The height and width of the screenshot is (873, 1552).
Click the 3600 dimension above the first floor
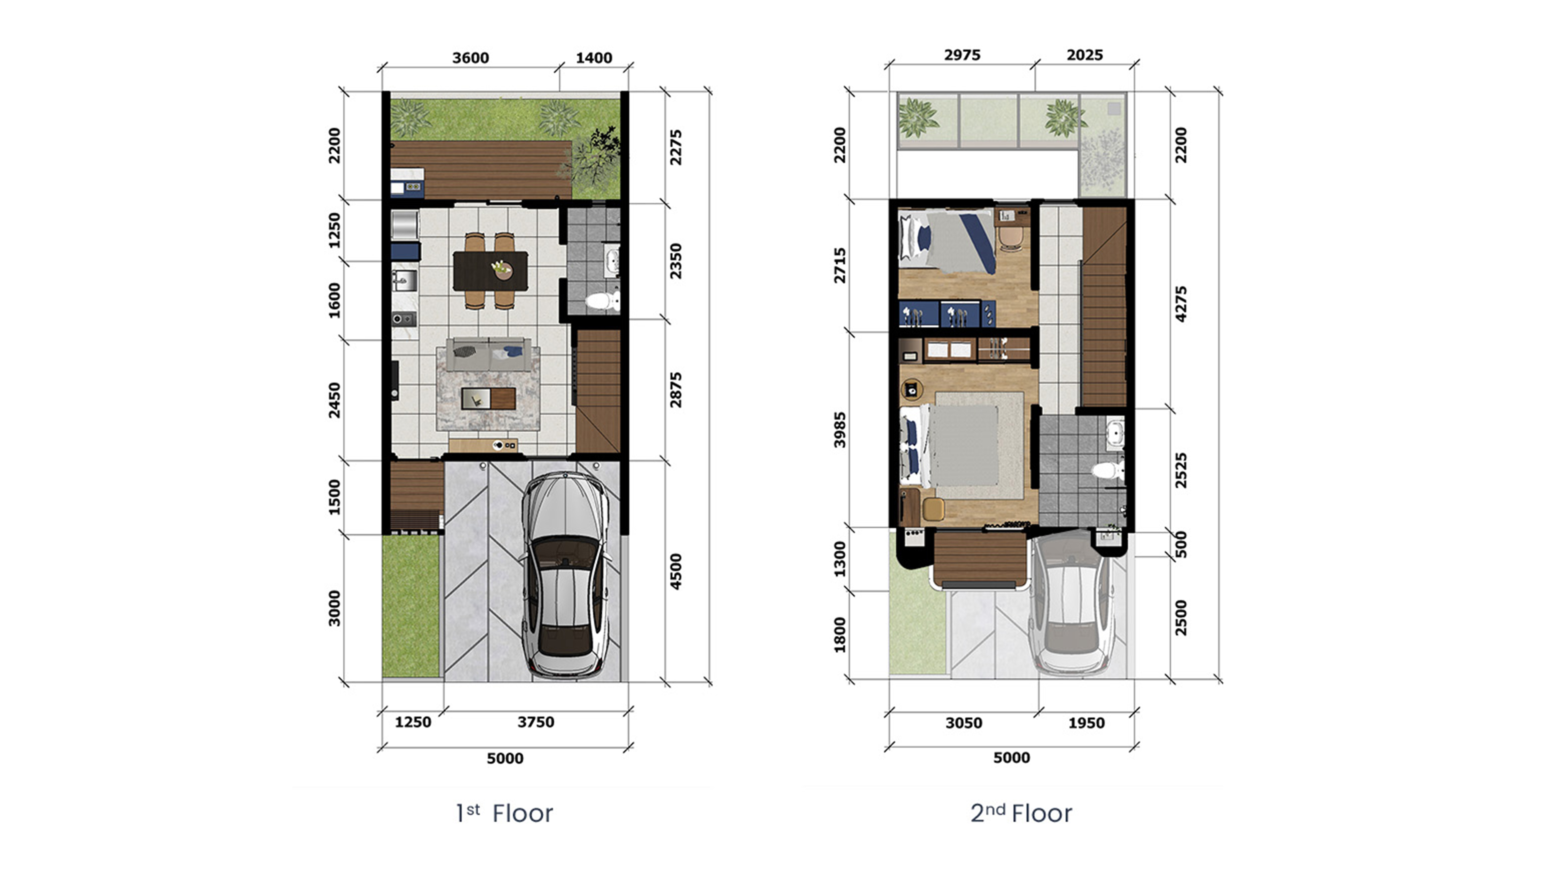click(x=470, y=58)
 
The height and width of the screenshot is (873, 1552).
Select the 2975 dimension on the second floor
click(x=962, y=55)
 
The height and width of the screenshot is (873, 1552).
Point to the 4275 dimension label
click(x=1181, y=304)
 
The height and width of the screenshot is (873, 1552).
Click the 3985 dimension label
click(x=839, y=430)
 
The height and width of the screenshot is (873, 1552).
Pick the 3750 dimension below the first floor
click(x=536, y=722)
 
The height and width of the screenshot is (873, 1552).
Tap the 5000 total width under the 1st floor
click(x=505, y=758)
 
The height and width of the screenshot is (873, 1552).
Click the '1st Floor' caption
click(x=504, y=813)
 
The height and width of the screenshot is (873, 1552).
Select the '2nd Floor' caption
click(x=1021, y=813)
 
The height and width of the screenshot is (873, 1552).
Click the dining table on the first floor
click(x=490, y=271)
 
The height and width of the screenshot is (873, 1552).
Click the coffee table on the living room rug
click(x=488, y=398)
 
